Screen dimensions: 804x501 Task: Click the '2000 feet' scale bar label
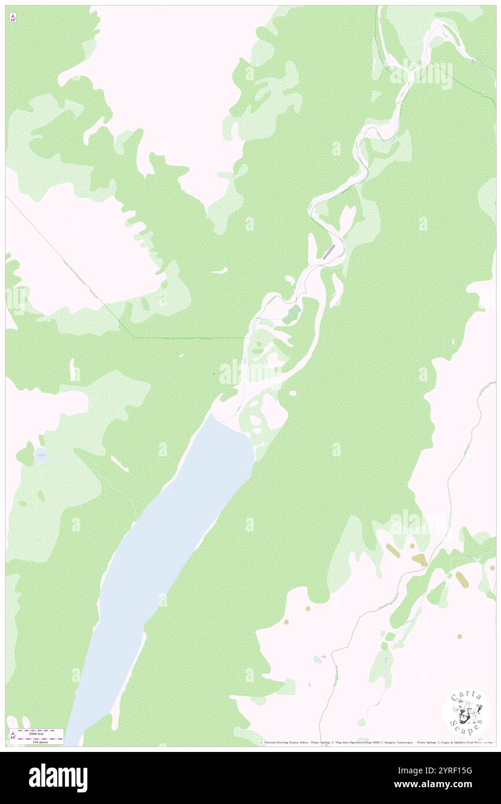coord(36,732)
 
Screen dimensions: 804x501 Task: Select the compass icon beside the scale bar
coord(13,736)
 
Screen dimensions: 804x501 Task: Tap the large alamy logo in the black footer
coord(58,778)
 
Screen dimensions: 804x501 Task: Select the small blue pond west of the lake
coord(40,455)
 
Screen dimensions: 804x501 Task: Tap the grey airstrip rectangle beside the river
coord(329,252)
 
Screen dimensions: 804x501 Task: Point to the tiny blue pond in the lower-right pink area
coord(316,659)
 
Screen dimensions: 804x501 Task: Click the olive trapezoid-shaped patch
coord(419,559)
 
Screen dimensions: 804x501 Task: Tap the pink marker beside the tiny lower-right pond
coord(323,657)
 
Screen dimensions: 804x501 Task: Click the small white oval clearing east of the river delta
coord(293,393)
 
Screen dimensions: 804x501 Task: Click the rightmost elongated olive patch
coord(462,579)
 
